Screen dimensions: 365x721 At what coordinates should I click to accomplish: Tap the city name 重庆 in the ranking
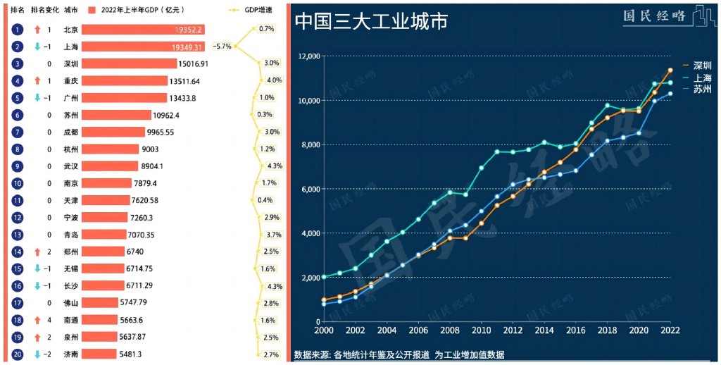pos(71,81)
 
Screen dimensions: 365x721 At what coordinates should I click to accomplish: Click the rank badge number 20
pos(18,354)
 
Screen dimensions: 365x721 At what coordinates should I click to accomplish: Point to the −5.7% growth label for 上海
pos(222,47)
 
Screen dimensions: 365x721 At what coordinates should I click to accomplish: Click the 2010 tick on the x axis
pos(481,330)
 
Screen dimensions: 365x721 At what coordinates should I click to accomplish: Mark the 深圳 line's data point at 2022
pos(670,70)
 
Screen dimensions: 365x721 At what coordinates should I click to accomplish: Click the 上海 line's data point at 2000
pos(324,277)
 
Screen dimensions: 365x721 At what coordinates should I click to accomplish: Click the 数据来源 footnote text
pos(399,354)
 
